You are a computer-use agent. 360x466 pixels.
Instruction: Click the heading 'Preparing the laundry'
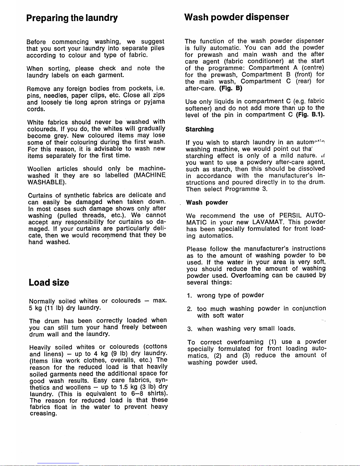(72, 18)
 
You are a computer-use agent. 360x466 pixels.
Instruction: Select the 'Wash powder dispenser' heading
(236, 17)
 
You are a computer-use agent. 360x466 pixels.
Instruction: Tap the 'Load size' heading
(49, 283)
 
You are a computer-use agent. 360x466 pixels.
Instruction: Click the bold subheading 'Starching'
(200, 129)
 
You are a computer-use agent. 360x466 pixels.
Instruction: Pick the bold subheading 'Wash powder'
(207, 203)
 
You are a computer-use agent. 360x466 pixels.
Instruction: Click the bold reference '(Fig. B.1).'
(310, 115)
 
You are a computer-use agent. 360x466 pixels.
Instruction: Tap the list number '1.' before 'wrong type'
(190, 295)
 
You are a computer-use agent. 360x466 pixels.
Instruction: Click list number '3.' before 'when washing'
(190, 329)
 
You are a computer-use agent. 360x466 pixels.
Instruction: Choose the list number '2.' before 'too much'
(190, 309)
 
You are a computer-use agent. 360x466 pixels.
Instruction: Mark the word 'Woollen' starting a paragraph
(39, 169)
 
